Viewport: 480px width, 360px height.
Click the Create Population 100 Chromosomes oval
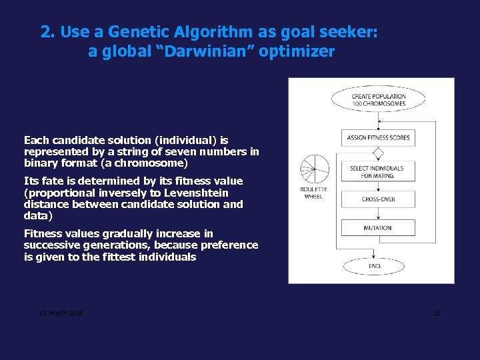click(378, 100)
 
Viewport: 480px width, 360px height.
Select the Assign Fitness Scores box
click(378, 138)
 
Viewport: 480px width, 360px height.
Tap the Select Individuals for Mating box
click(378, 171)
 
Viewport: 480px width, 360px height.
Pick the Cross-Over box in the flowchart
click(378, 199)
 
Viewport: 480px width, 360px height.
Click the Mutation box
click(378, 228)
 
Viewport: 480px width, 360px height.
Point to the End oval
click(375, 266)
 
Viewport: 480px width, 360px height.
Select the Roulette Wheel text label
click(313, 193)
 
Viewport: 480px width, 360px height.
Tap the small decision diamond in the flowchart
click(378, 153)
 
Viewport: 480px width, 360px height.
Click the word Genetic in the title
click(132, 32)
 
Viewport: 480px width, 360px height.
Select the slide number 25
click(436, 313)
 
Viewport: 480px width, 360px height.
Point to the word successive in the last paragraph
click(50, 245)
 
